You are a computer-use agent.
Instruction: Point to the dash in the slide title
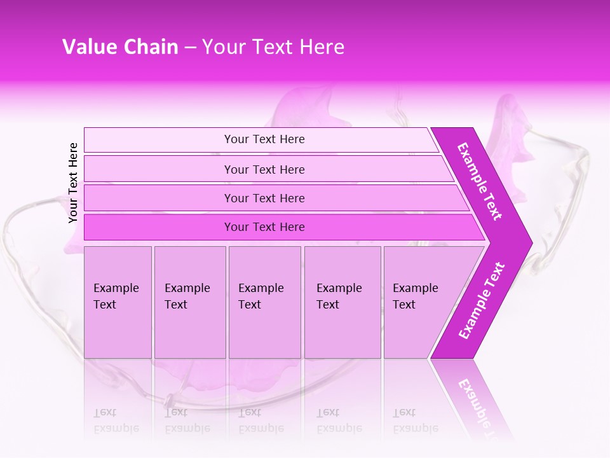pyautogui.click(x=190, y=48)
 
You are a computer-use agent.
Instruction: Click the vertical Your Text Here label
pyautogui.click(x=73, y=183)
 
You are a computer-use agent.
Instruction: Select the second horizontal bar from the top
pyautogui.click(x=264, y=169)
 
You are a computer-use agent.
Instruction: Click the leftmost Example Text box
pyautogui.click(x=118, y=302)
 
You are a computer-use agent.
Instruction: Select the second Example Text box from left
pyautogui.click(x=189, y=302)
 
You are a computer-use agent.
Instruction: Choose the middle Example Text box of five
pyautogui.click(x=264, y=302)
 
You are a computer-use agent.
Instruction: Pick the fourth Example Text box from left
pyautogui.click(x=342, y=302)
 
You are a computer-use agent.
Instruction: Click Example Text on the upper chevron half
pyautogui.click(x=480, y=181)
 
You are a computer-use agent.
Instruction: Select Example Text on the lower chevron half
pyautogui.click(x=482, y=301)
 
